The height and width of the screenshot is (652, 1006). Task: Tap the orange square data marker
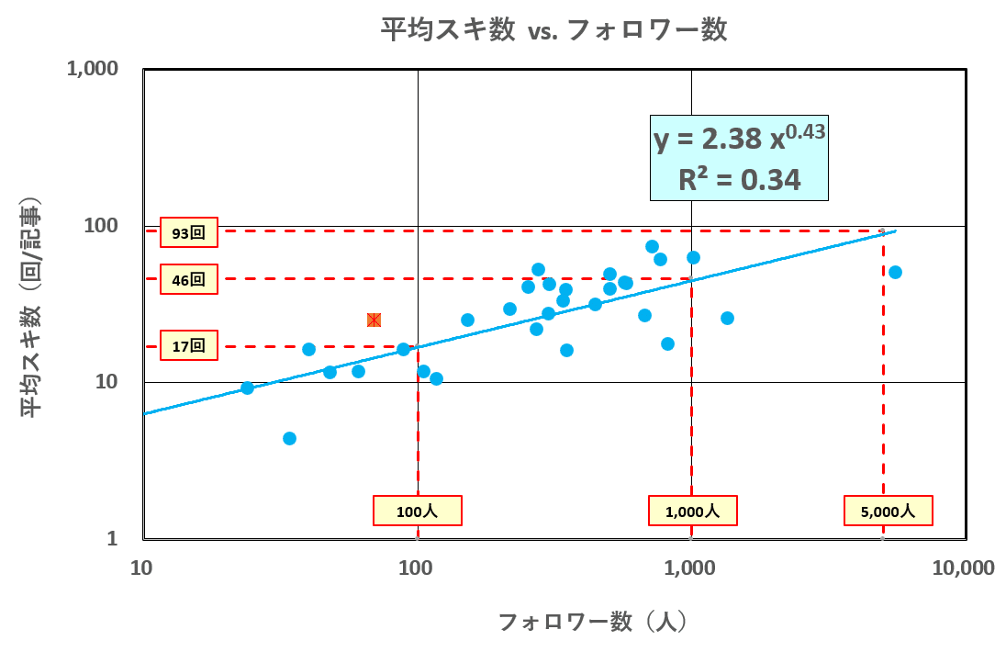point(374,320)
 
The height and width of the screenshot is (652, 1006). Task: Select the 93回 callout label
point(188,233)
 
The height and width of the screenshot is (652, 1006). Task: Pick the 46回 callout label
point(188,279)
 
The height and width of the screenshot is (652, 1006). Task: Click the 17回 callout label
point(188,346)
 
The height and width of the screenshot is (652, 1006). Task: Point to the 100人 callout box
point(417,511)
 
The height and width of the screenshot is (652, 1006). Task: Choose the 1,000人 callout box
point(692,511)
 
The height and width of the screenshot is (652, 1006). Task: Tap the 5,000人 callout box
point(889,511)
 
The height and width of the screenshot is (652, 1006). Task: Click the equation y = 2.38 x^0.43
point(739,139)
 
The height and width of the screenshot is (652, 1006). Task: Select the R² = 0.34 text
point(739,179)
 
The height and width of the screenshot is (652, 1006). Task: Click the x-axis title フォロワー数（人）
point(592,622)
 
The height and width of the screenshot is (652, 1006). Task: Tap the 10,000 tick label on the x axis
point(965,568)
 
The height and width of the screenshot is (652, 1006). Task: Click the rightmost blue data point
point(895,272)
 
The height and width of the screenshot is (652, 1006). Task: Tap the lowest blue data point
point(289,438)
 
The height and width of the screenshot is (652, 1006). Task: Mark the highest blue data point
point(652,246)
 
